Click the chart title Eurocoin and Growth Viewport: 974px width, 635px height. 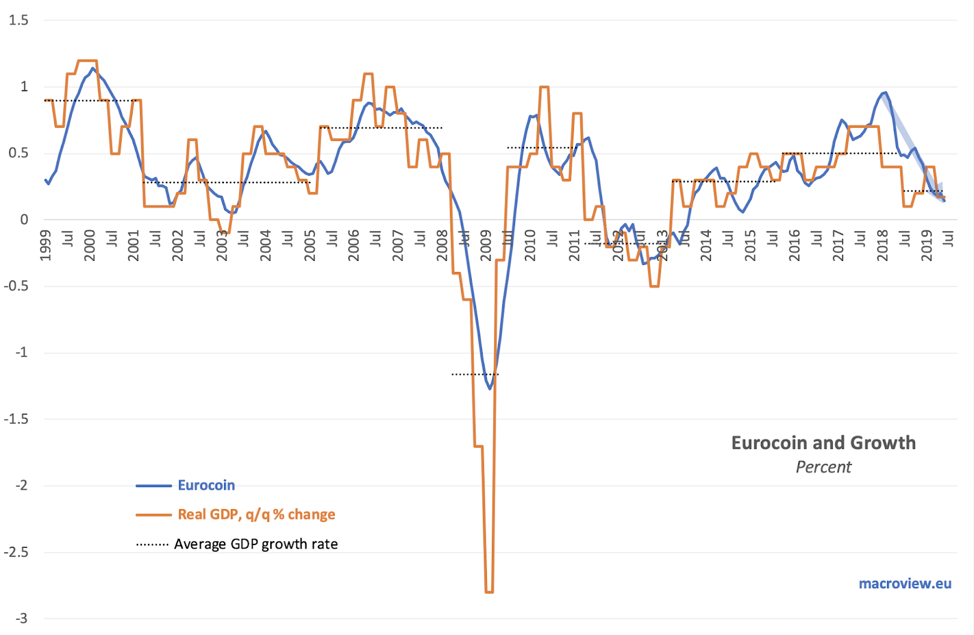coord(823,443)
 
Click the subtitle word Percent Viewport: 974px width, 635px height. coord(823,467)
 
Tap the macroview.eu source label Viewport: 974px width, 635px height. coord(905,584)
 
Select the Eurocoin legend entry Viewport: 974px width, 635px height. coord(206,485)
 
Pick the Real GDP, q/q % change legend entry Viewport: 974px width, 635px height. coord(256,515)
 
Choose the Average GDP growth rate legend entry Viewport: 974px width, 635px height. coord(256,544)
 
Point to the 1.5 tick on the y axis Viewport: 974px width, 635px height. coord(18,21)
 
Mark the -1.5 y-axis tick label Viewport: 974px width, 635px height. coord(16,419)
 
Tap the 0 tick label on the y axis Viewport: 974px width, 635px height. coord(24,220)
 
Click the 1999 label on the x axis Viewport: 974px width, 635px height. coord(46,246)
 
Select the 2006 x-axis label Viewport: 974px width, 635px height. coord(354,246)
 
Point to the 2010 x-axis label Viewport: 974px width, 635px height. coord(530,246)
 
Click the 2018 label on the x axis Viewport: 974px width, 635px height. coord(883,246)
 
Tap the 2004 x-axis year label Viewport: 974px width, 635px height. coord(266,246)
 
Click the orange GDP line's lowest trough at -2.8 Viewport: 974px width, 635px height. coord(489,592)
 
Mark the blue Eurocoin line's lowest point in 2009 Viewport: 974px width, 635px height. coord(489,388)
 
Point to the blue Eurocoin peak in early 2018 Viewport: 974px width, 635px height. coord(885,93)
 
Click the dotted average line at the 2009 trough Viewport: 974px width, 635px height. coord(475,374)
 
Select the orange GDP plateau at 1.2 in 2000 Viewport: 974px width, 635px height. coord(88,61)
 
